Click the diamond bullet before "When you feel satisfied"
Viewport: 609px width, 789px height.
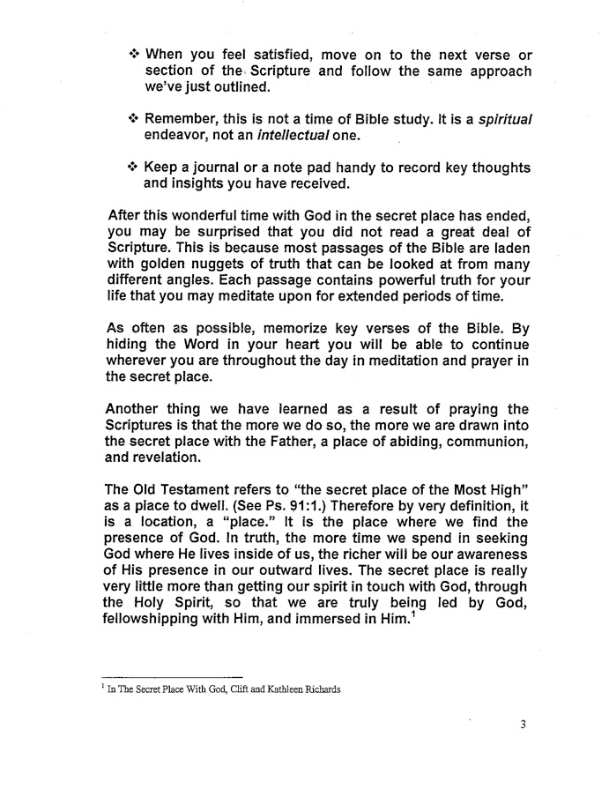(x=134, y=56)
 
